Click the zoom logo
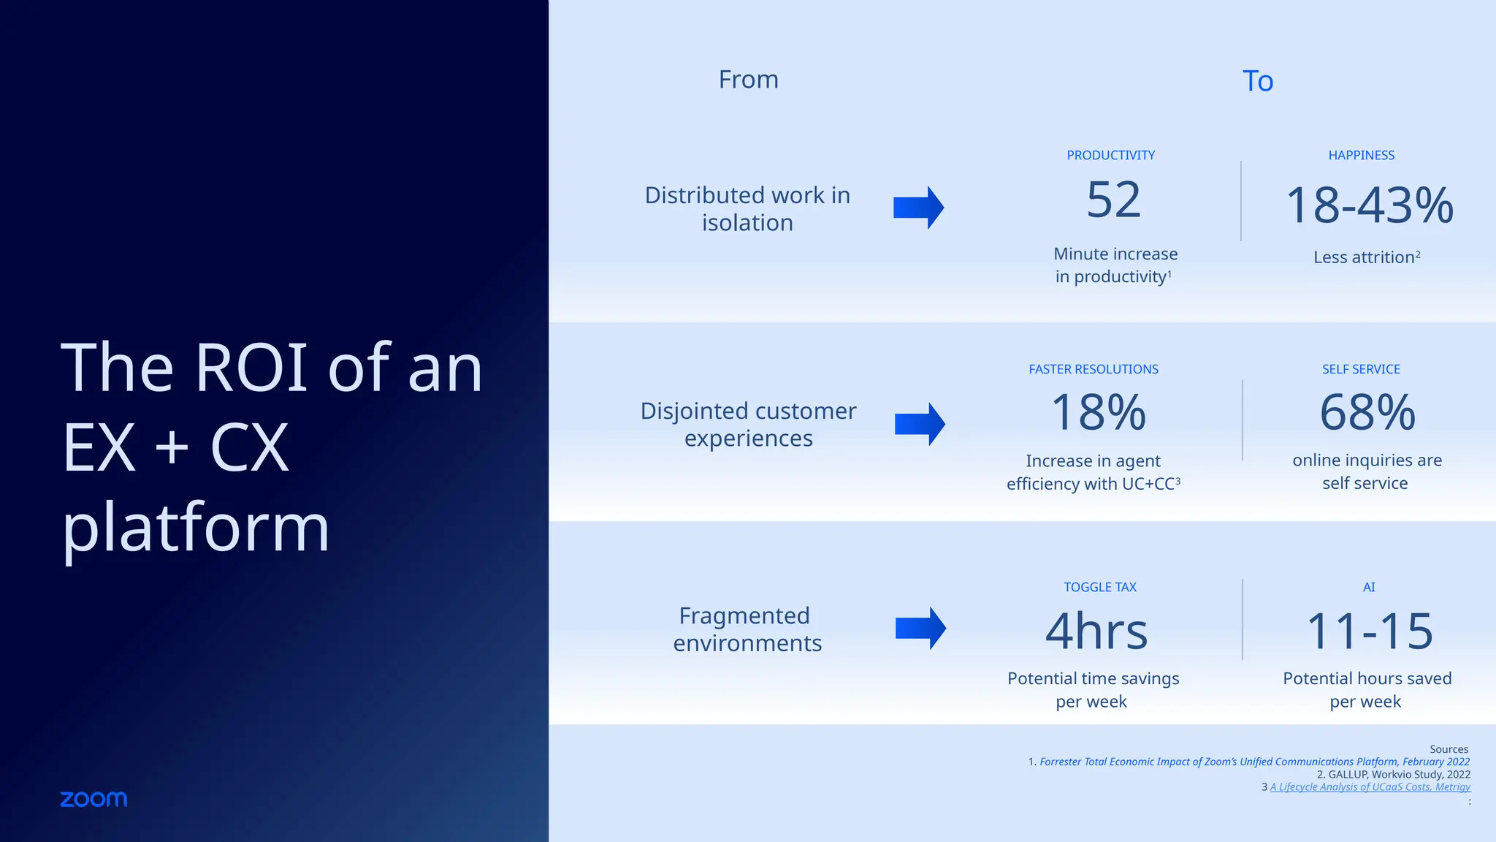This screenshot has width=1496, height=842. [93, 799]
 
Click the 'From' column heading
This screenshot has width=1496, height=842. [748, 80]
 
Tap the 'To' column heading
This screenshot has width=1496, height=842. [1258, 81]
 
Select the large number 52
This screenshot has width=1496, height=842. [1113, 200]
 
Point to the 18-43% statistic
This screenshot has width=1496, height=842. [1369, 205]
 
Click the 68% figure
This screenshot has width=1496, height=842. [1367, 413]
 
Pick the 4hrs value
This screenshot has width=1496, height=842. [1096, 631]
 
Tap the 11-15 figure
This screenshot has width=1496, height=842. [1369, 631]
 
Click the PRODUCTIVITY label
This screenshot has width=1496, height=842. [1110, 156]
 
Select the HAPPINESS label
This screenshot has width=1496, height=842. [1361, 156]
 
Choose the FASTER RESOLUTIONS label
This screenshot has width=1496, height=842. [1094, 370]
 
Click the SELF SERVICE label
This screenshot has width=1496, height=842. [1361, 370]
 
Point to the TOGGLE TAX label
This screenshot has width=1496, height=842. [1100, 588]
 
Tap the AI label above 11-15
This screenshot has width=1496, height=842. [1369, 588]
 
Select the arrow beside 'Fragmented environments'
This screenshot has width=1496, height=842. [920, 629]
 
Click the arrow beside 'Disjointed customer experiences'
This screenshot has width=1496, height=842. [920, 424]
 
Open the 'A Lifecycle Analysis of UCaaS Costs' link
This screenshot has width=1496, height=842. [1370, 787]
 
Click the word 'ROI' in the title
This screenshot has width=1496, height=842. [251, 368]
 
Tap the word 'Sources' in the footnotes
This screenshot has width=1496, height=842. [1449, 749]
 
